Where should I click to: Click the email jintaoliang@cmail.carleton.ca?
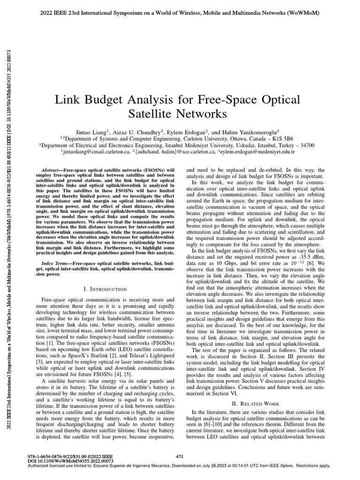96,152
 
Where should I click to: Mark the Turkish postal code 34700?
305,145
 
